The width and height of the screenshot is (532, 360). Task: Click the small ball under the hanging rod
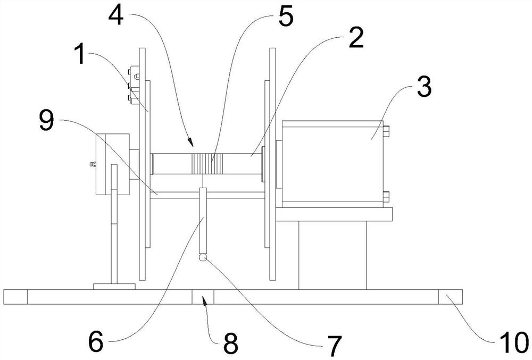[x=203, y=258]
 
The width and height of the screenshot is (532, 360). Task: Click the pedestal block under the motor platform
[x=332, y=254]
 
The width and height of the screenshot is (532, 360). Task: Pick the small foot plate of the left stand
[x=114, y=286]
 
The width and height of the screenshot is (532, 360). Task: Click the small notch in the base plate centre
[x=203, y=296]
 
